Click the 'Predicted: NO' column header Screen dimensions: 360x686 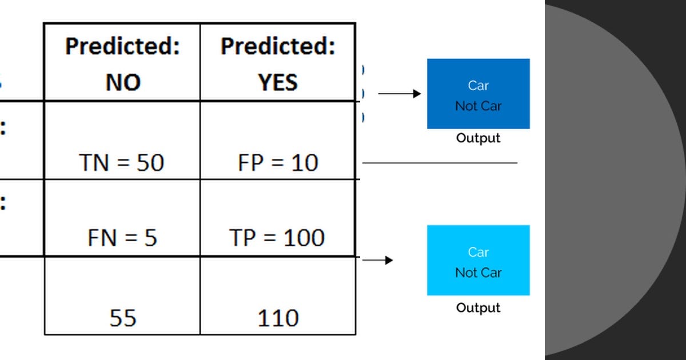point(122,63)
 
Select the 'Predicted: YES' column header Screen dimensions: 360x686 point(278,63)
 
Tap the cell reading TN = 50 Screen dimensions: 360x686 point(122,163)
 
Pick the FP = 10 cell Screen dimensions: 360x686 point(278,163)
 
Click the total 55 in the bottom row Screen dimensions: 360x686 point(122,318)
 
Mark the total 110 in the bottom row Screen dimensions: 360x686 point(278,318)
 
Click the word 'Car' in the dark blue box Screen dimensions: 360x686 point(478,86)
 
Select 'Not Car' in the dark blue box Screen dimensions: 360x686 point(478,106)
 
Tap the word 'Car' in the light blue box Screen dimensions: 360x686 point(478,252)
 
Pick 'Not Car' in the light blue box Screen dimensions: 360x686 point(478,273)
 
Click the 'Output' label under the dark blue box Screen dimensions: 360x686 point(478,138)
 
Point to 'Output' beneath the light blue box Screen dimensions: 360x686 point(478,308)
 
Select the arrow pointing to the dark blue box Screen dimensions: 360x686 point(400,94)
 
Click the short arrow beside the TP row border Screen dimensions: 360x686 point(378,261)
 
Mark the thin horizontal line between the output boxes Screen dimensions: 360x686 point(440,163)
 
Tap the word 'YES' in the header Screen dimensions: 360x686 point(278,83)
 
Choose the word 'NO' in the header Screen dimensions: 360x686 point(122,83)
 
